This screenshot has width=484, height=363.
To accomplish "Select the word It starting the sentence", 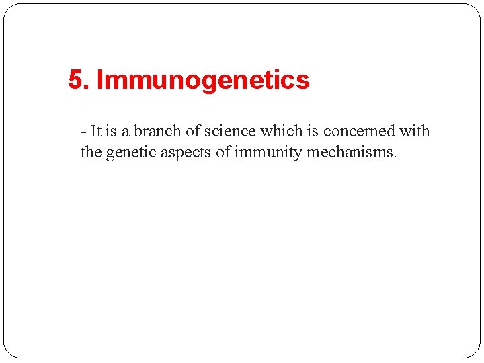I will tap(95, 131).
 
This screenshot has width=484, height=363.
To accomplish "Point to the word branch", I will tap(158, 131).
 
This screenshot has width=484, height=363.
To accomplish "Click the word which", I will tap(279, 131).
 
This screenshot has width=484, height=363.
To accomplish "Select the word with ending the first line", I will tap(415, 131).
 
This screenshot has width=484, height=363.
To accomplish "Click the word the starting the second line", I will tap(91, 153).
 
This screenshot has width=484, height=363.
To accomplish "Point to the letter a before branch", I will tap(126, 132).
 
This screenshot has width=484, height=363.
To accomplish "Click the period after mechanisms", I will tap(396, 157).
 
